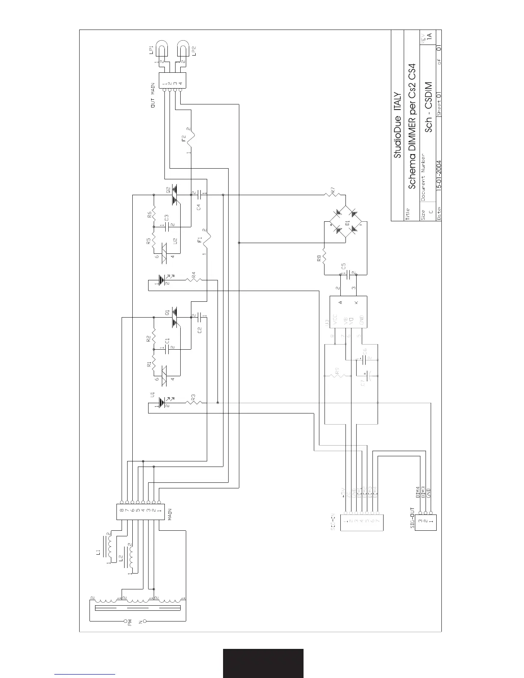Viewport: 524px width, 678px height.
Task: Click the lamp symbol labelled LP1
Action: [163, 48]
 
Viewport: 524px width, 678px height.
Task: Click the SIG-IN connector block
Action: [362, 522]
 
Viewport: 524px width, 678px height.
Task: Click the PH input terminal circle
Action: [125, 621]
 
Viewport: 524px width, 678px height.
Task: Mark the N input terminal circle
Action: [145, 621]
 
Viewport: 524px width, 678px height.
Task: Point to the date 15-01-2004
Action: [439, 190]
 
